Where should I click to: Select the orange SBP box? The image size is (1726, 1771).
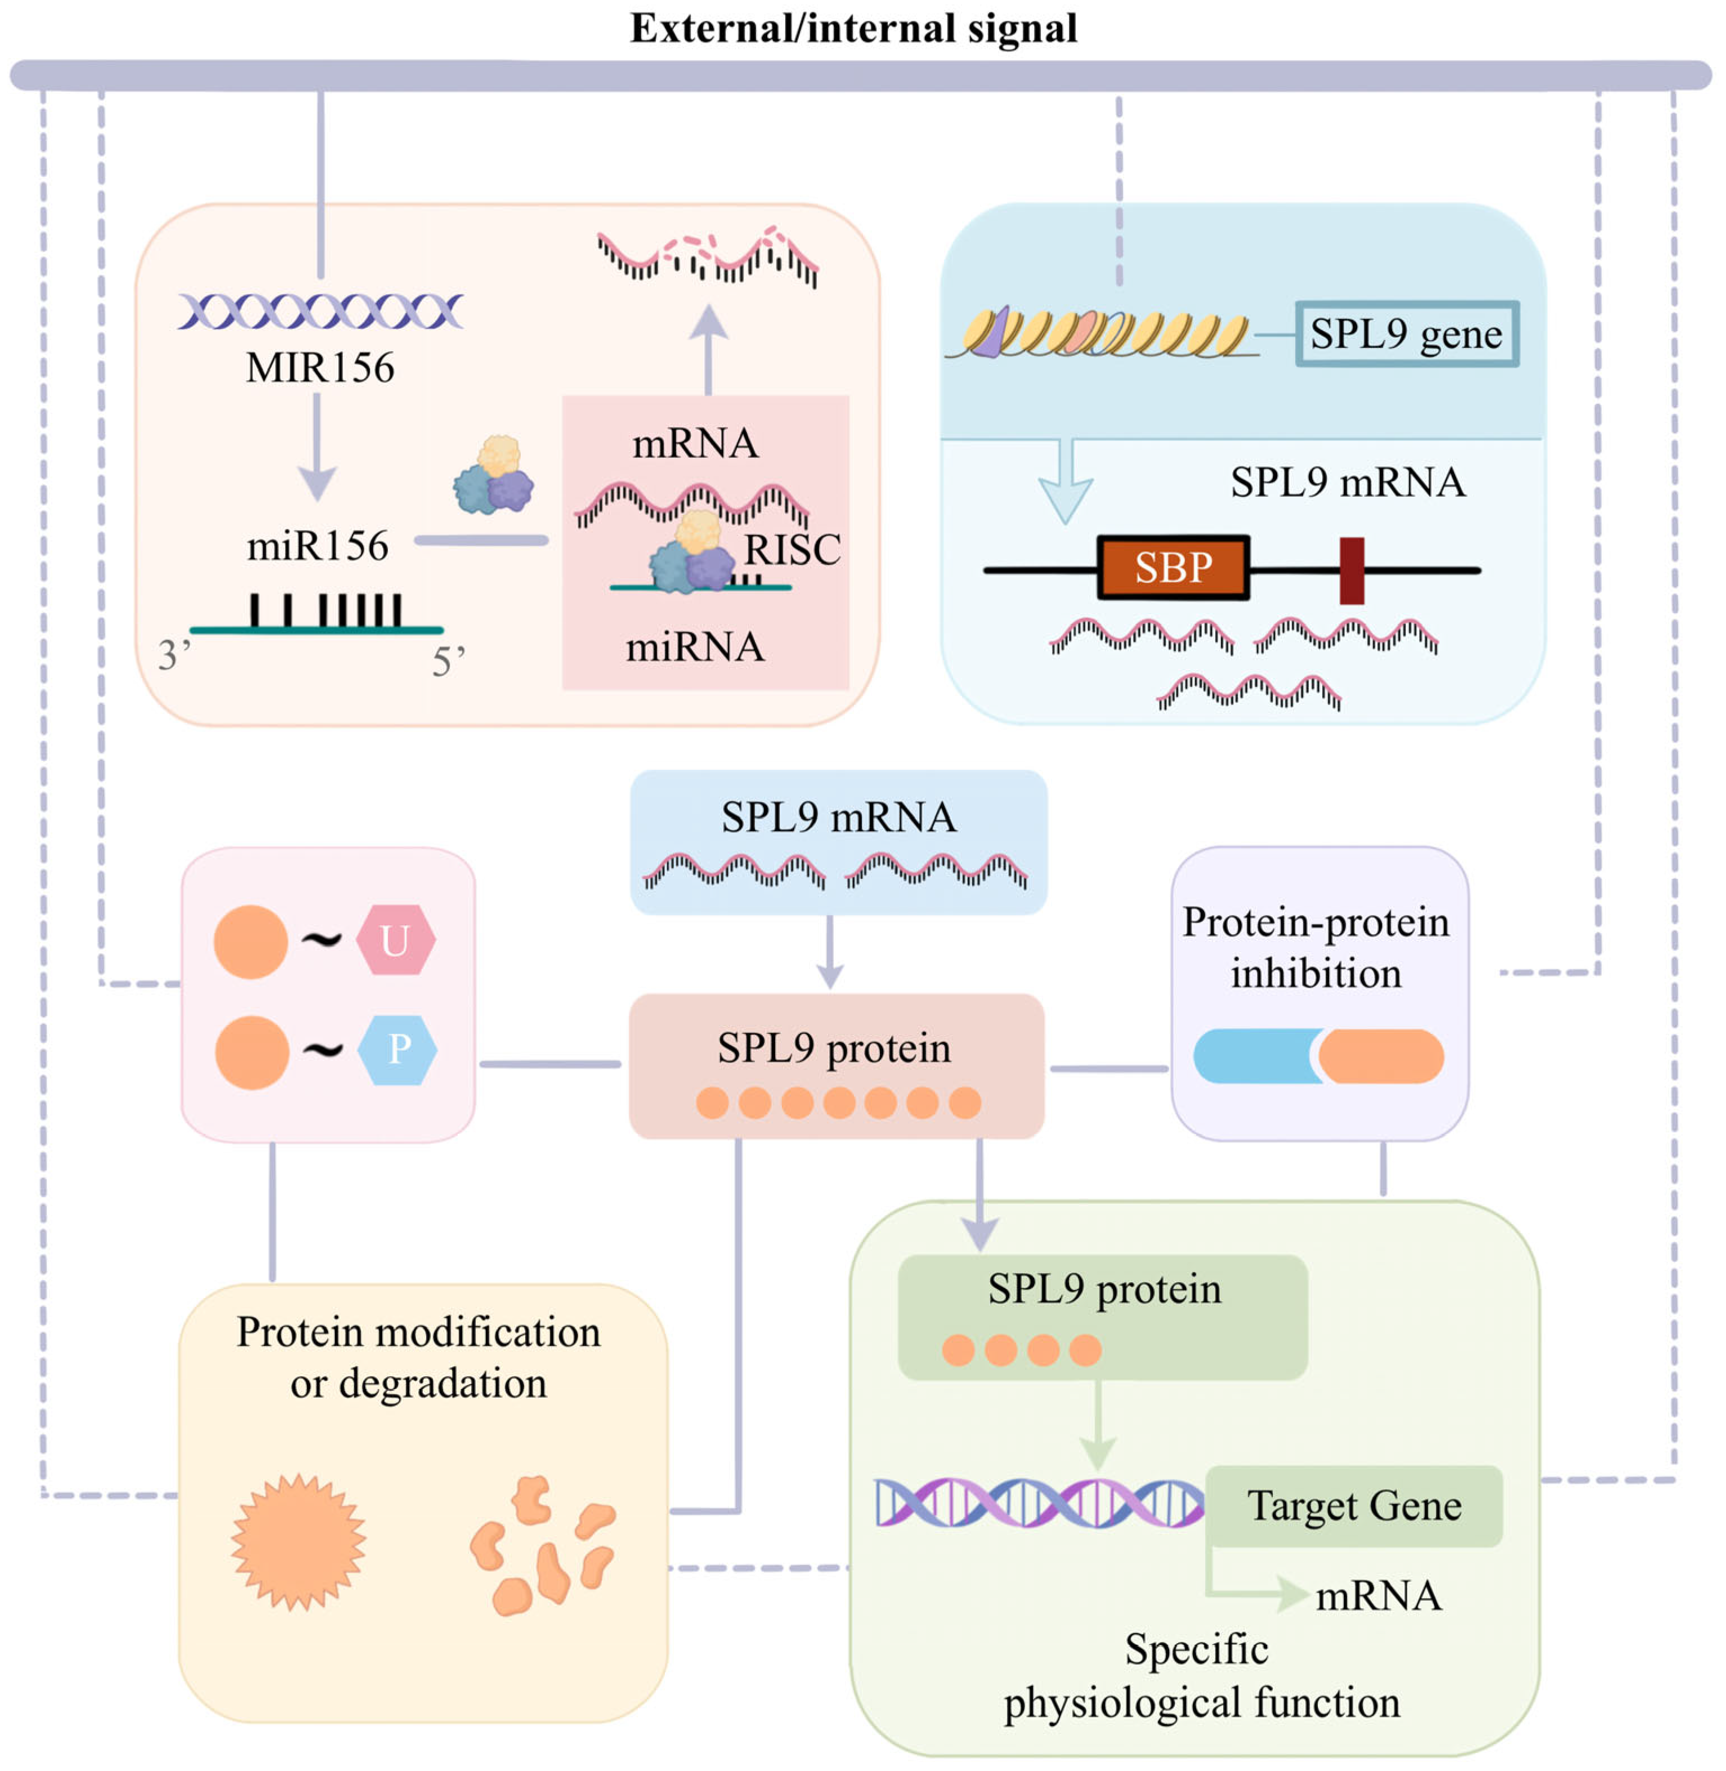[x=1173, y=568]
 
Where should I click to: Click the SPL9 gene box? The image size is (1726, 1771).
[x=1406, y=334]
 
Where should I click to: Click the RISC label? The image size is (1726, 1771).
[x=792, y=550]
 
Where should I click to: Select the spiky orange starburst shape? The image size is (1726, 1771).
[x=299, y=1542]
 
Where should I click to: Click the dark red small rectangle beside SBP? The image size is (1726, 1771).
[x=1352, y=570]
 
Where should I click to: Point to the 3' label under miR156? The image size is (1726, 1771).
[x=174, y=655]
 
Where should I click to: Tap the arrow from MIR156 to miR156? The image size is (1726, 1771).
[x=318, y=447]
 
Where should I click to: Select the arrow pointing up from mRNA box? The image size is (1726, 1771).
[x=708, y=349]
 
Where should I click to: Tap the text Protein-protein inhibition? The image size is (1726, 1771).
[x=1316, y=948]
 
